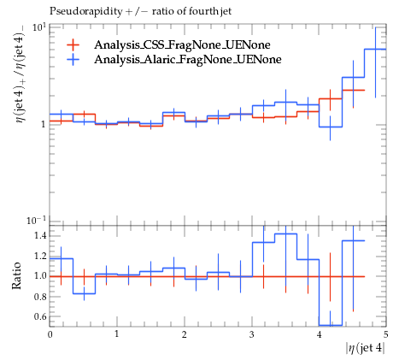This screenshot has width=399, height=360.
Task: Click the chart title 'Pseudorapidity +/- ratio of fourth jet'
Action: coord(140,11)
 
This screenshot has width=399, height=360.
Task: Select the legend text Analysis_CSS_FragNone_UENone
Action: coord(182,44)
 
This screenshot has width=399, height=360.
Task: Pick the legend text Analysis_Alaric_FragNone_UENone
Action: coord(188,59)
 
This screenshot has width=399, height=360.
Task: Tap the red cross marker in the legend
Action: coord(73,44)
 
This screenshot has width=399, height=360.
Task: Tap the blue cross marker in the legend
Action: coord(73,59)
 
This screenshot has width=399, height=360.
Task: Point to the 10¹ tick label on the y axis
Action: coord(39,27)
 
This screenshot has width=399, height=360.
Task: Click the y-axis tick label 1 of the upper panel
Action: coord(44,125)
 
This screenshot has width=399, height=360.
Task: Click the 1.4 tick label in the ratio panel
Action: coord(40,236)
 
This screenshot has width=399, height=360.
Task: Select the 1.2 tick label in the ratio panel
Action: coord(40,256)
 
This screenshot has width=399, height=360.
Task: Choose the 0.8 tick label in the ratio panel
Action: coord(40,297)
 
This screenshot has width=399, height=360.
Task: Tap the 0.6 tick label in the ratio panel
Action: coord(40,316)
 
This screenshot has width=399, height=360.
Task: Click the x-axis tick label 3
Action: coord(252,334)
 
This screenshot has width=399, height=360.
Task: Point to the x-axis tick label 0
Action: coord(50,334)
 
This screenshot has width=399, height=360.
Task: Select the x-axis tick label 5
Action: coord(386,334)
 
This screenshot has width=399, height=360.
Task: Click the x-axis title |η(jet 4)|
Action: coord(366,348)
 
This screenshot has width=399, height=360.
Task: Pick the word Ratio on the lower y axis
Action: coord(16,276)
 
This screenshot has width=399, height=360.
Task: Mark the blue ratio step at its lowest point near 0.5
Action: coord(331,325)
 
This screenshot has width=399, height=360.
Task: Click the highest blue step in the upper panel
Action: coord(375,50)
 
